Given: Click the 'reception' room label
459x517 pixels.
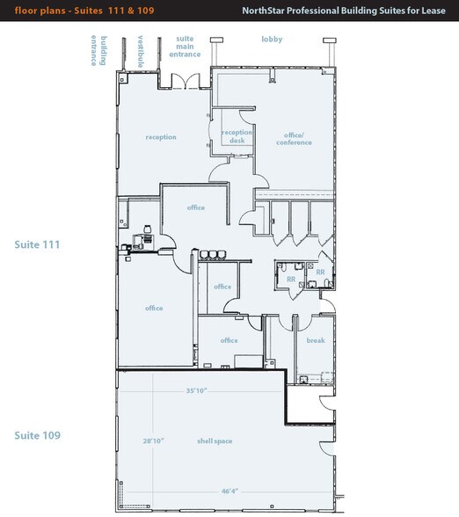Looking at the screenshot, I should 161,137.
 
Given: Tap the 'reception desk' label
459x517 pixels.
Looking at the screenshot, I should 237,136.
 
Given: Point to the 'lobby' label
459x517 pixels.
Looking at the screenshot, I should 272,40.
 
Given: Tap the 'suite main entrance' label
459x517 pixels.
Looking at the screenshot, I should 186,47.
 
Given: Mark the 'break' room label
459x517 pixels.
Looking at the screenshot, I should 315,340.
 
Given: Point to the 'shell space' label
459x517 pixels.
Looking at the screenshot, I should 214,441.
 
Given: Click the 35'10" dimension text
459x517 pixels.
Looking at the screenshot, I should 196,390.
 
